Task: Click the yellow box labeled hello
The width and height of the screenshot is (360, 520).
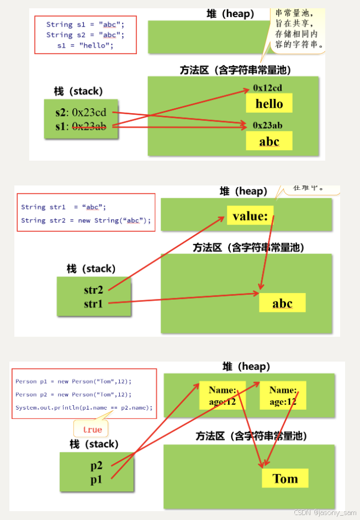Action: (x=269, y=103)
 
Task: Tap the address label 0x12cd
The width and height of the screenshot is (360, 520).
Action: (x=268, y=87)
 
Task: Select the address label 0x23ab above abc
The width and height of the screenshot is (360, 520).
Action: (x=268, y=125)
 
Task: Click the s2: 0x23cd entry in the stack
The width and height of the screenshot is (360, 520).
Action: (x=81, y=113)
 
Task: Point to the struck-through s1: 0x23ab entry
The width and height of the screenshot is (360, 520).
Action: (x=81, y=126)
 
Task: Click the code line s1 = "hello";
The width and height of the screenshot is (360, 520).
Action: (x=85, y=45)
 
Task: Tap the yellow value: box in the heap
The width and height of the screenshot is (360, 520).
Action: (x=250, y=216)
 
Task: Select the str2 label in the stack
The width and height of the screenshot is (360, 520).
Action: (x=93, y=290)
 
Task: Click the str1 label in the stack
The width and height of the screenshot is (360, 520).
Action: (x=93, y=304)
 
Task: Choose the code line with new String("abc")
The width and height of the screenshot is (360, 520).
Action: (x=86, y=220)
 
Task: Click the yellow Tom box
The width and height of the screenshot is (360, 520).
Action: (x=285, y=479)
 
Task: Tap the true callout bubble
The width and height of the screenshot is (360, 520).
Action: (x=92, y=429)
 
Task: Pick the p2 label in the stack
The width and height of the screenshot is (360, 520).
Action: (x=97, y=465)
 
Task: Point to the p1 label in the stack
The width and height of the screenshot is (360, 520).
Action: (x=97, y=479)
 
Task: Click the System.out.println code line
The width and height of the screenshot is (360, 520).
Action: (x=83, y=407)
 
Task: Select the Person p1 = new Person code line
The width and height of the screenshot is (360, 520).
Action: (x=73, y=381)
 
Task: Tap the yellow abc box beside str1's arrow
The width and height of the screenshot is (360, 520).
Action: (x=282, y=304)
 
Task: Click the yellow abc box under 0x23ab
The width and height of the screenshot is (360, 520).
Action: (x=269, y=141)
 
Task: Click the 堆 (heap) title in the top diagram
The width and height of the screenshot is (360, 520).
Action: (x=230, y=14)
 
